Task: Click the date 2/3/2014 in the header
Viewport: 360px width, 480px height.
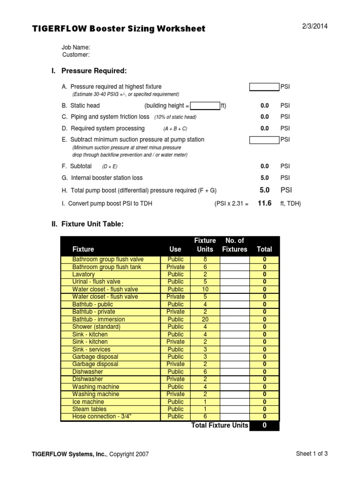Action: point(314,26)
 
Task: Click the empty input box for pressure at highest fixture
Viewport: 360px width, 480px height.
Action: point(264,87)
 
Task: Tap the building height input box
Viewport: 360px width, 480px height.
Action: point(205,105)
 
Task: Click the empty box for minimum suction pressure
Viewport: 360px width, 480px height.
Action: point(264,140)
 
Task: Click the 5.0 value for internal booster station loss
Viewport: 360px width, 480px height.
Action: point(265,178)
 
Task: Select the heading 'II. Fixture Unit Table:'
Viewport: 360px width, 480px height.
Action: point(87,225)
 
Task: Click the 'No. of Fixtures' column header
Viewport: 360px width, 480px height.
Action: point(234,245)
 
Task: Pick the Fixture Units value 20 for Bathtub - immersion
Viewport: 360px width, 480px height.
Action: point(205,319)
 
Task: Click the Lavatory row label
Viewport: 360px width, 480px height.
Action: point(83,274)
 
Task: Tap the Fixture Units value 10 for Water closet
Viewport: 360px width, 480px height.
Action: point(205,289)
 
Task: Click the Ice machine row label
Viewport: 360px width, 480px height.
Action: point(86,402)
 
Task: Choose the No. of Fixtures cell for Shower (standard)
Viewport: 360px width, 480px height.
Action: point(235,327)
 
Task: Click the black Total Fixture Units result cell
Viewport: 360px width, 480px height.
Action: point(264,426)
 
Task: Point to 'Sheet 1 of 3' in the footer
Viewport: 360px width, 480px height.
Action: point(312,454)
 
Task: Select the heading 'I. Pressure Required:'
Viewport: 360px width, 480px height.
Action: point(89,71)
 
